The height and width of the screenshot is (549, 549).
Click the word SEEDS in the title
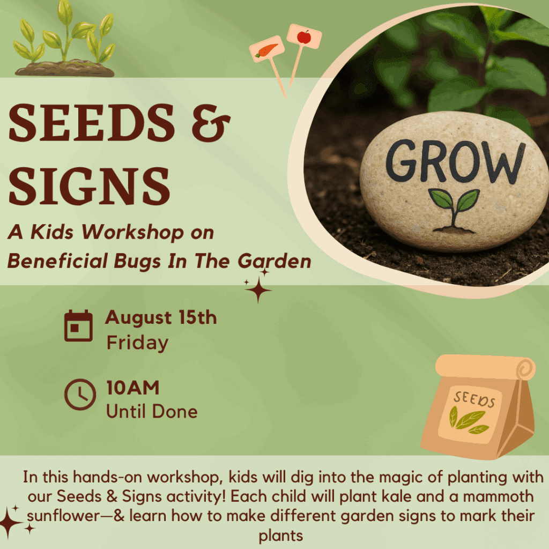92,123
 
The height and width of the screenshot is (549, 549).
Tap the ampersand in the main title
211,123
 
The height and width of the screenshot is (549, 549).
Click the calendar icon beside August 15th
78,325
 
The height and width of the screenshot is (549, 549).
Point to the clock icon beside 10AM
80,394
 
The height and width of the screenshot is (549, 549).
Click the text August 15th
161,317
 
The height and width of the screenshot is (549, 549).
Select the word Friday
137,343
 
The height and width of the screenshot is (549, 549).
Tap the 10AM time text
133,388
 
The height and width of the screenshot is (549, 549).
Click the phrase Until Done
152,411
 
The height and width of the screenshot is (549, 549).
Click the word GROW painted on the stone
456,161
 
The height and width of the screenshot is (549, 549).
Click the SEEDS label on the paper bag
474,399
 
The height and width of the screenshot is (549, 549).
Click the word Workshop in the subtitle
133,233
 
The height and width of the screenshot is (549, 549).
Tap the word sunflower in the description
63,516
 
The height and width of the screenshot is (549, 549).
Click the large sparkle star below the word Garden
258,290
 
